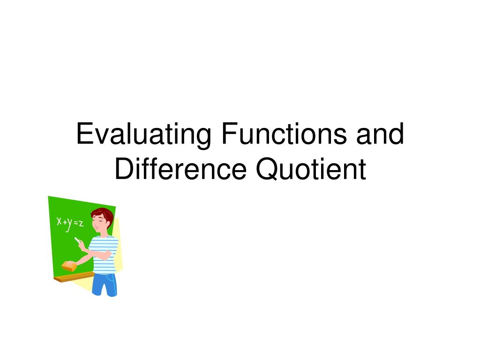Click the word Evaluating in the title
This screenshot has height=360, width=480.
pyautogui.click(x=143, y=135)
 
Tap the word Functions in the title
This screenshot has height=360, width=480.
pyautogui.click(x=284, y=133)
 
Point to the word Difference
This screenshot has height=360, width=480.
pyautogui.click(x=180, y=169)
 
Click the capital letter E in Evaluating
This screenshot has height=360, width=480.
pyautogui.click(x=85, y=133)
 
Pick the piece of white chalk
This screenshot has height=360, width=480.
pyautogui.click(x=77, y=240)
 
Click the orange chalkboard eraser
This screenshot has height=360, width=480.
pyautogui.click(x=69, y=266)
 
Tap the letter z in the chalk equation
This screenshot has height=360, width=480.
pyautogui.click(x=81, y=224)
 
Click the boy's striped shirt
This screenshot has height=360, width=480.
pyautogui.click(x=104, y=255)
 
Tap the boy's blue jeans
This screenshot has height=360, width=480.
pyautogui.click(x=105, y=285)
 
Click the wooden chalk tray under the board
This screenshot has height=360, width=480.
pyautogui.click(x=74, y=277)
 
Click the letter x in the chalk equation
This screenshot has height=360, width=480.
pyautogui.click(x=60, y=221)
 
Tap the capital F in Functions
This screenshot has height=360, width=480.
pyautogui.click(x=230, y=133)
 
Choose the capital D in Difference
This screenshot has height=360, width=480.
pyautogui.click(x=125, y=168)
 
